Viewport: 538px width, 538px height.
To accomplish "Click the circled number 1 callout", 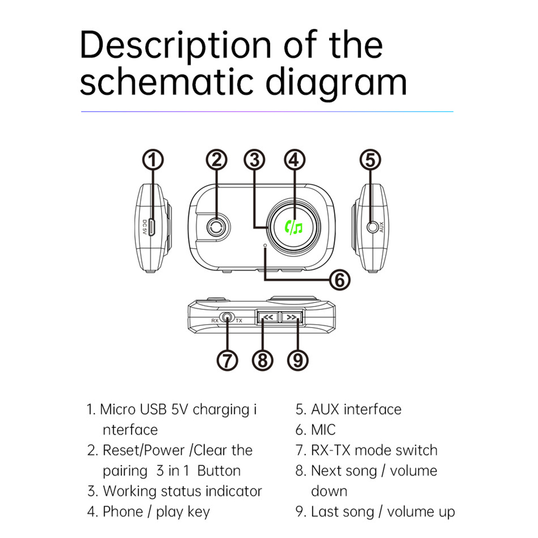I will point(153,160).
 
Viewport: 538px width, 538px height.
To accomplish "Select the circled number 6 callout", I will point(339,279).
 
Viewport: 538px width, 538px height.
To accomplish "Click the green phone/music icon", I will point(295,228).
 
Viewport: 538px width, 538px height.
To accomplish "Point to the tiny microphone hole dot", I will point(266,245).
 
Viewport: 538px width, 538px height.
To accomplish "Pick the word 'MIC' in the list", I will point(323,430).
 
